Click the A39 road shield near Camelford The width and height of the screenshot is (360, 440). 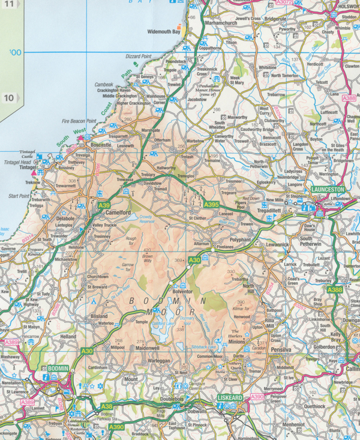click(103, 205)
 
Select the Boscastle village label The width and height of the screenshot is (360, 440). click(100, 145)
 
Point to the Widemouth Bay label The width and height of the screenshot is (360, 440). click(163, 31)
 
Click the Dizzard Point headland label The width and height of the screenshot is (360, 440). click(138, 56)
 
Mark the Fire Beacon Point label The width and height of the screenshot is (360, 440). click(79, 121)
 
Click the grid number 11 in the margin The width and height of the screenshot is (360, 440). click(8, 4)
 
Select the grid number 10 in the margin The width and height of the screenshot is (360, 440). click(8, 97)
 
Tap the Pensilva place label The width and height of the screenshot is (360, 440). click(281, 349)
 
